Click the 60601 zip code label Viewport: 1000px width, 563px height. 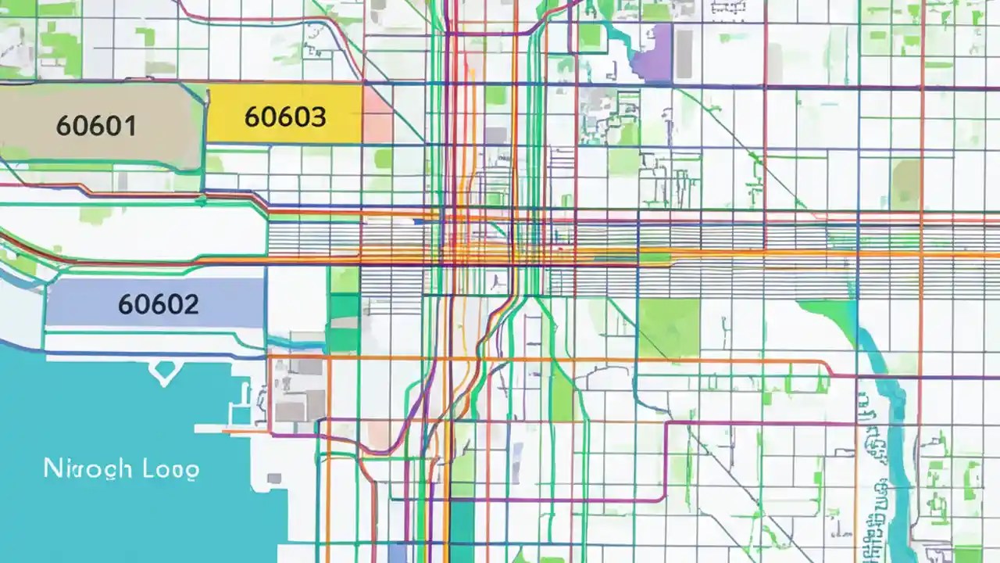(97, 126)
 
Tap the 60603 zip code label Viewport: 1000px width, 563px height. (285, 117)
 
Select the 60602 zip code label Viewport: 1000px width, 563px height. (158, 303)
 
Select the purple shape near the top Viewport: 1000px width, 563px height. (655, 53)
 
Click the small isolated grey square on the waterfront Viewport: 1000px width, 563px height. (273, 479)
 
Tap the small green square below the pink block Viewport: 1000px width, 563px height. (383, 159)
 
